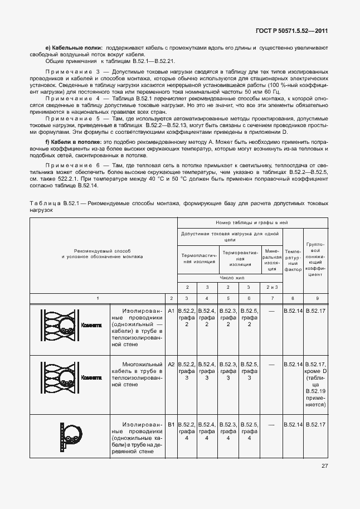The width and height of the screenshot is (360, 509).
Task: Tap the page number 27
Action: [x=324, y=466]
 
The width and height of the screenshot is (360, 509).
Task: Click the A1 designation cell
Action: [x=171, y=310]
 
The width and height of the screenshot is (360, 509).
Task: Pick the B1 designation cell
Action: [x=171, y=425]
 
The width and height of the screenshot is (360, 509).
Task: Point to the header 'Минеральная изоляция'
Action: [x=271, y=260]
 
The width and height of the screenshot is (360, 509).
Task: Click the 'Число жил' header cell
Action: [x=230, y=277]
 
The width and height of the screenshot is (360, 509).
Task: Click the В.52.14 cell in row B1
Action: [x=293, y=425]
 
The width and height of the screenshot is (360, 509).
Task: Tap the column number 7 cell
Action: [x=271, y=299]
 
